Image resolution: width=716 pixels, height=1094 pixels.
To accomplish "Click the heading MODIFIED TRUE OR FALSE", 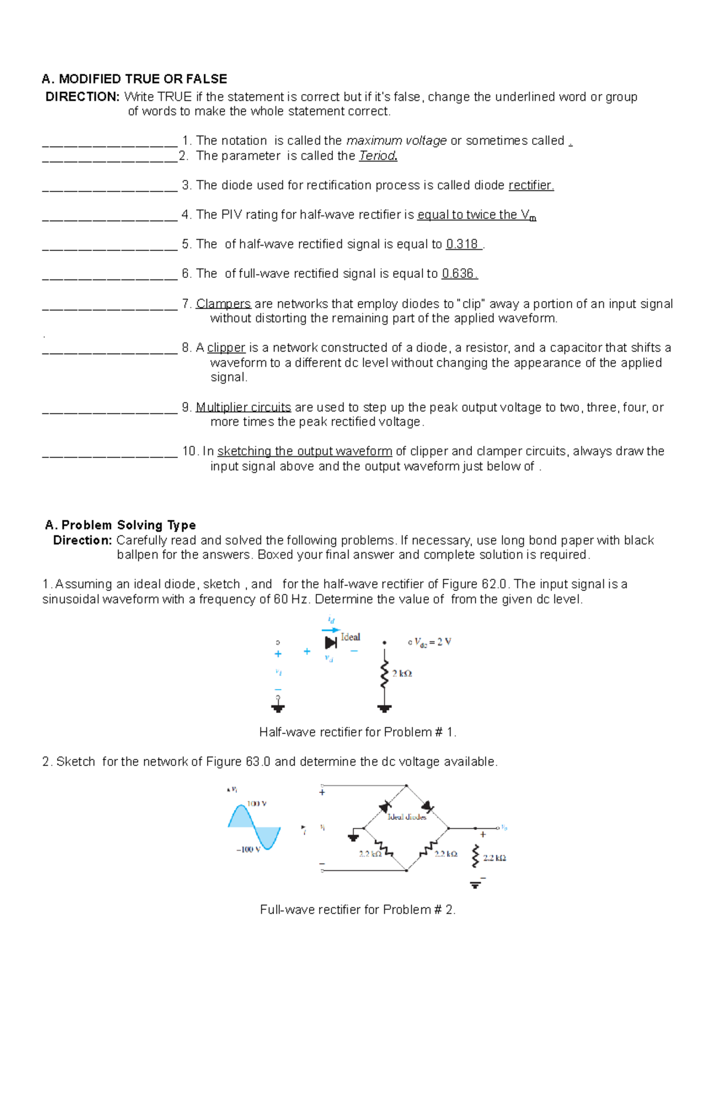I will click(143, 79).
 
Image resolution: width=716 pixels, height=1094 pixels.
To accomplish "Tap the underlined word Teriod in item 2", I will click(378, 156).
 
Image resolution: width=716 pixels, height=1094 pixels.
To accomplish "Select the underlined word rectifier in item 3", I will click(530, 185).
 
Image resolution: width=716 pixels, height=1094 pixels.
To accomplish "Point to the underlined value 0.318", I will click(462, 244).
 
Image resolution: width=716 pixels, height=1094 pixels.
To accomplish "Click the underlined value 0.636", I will click(458, 274).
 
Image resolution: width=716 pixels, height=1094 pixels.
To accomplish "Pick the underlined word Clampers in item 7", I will click(223, 304).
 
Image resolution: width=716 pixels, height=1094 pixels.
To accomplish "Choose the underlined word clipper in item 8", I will click(226, 348).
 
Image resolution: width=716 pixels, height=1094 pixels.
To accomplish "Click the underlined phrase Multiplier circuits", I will click(243, 407).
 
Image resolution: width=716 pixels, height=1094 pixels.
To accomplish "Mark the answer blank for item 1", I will click(110, 142).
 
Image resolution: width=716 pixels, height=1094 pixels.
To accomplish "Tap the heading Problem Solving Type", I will click(128, 525).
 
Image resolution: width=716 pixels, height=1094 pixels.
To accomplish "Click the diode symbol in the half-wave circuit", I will click(331, 643).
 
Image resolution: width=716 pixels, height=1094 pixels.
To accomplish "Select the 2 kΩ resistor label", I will click(402, 674).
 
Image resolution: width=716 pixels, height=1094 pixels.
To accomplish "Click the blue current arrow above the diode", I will click(331, 630).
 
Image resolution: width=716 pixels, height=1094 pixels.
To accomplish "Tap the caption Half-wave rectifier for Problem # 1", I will click(357, 732).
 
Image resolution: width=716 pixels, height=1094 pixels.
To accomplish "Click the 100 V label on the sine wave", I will click(257, 804).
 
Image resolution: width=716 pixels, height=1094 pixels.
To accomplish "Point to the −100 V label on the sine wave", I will click(248, 849).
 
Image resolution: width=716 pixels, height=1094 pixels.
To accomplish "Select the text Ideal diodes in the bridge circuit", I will click(407, 817).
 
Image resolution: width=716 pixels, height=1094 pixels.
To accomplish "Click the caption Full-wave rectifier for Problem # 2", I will click(357, 910).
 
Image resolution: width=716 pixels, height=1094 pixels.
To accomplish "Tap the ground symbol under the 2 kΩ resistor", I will click(384, 708).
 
